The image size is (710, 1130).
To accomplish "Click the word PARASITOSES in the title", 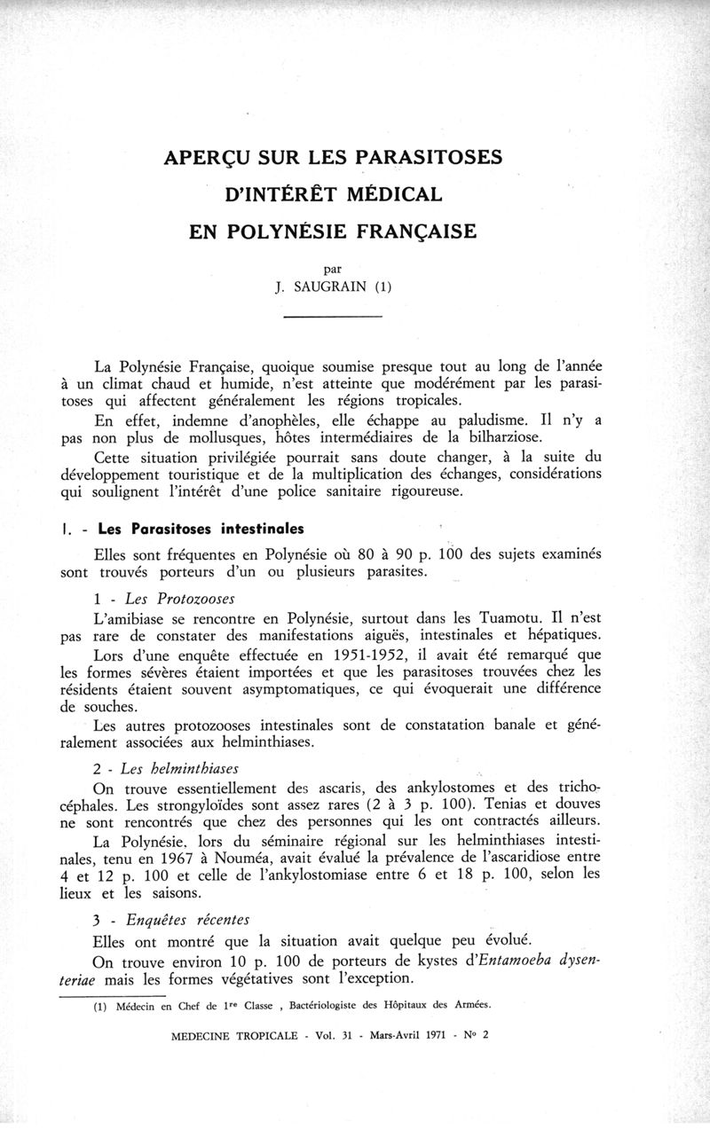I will coord(430,158).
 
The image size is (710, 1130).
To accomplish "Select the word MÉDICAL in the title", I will coord(387,194).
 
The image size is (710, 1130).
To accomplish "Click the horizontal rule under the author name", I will coord(331,317).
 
